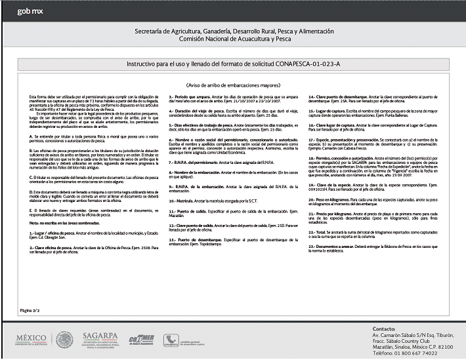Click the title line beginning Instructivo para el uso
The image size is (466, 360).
(x=233, y=63)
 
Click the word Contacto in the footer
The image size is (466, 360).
(x=383, y=328)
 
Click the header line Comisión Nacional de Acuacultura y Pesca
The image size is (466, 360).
(x=233, y=40)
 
